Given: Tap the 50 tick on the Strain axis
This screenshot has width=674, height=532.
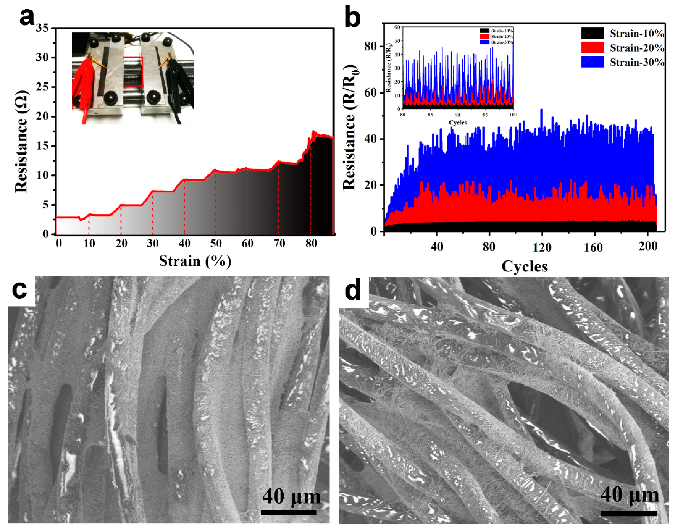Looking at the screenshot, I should pyautogui.click(x=216, y=244).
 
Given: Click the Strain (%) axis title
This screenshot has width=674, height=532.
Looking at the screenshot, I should pyautogui.click(x=195, y=261).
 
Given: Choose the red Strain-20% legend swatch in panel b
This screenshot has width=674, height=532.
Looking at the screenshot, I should pyautogui.click(x=592, y=47).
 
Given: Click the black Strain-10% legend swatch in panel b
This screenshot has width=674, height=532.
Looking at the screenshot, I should pyautogui.click(x=592, y=33).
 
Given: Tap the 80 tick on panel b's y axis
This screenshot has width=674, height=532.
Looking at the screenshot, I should pyautogui.click(x=370, y=46).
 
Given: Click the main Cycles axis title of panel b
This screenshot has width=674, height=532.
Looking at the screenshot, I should pyautogui.click(x=524, y=267).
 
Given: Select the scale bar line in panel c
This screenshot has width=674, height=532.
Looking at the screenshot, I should pyautogui.click(x=289, y=512).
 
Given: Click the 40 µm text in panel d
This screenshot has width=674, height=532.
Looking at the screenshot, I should pyautogui.click(x=629, y=495).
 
